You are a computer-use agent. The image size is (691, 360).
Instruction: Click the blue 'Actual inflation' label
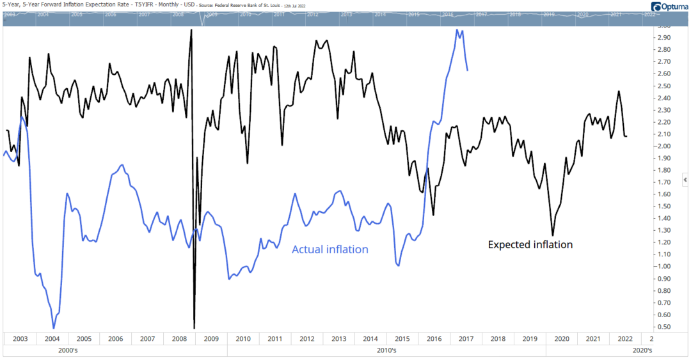330,249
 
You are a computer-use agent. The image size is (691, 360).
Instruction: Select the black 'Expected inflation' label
530,244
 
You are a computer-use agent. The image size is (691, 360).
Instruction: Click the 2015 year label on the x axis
402,338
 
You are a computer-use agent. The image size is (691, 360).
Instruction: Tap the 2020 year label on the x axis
561,338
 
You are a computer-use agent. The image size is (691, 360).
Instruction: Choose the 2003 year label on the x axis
19,338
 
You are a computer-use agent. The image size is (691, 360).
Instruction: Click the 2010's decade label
386,350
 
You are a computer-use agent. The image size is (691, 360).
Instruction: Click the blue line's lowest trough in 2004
54,328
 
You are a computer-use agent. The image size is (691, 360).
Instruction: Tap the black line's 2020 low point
553,235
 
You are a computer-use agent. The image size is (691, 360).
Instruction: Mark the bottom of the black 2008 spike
194,327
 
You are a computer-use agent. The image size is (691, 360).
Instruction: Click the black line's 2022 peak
619,91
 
